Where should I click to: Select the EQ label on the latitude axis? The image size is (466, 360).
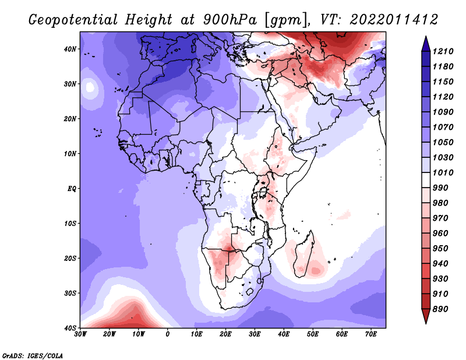[x=72, y=189]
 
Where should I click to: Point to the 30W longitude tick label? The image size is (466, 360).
[x=80, y=335]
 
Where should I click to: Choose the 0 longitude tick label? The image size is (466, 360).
[x=168, y=335]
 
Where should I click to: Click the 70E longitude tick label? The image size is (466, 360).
[x=371, y=335]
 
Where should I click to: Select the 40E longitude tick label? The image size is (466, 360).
[x=284, y=335]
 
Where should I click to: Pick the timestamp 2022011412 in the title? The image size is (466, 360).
[x=394, y=19]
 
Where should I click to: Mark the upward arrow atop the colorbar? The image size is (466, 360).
[x=426, y=43]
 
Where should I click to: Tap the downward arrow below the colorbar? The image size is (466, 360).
[x=426, y=317]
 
